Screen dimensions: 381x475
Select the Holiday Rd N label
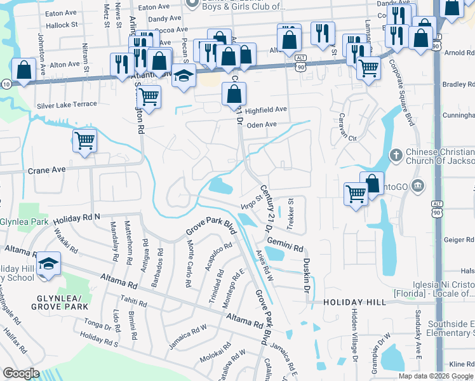[x=77, y=218]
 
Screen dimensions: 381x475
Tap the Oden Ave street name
[x=262, y=124]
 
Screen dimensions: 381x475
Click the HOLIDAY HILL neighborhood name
[x=354, y=303]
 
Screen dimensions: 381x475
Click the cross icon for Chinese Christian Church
[x=396, y=155]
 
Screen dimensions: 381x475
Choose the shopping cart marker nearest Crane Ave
[x=84, y=140]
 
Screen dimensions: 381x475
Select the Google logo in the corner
[x=22, y=373]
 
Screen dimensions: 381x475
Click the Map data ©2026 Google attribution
[x=435, y=376]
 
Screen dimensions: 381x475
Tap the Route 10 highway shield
[x=5, y=84]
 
